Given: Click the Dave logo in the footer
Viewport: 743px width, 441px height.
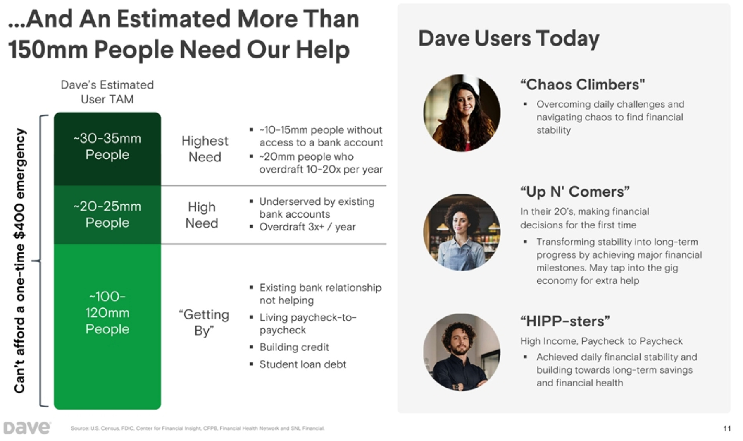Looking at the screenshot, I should click(x=27, y=428).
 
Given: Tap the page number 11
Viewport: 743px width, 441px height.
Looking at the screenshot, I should click(x=727, y=429).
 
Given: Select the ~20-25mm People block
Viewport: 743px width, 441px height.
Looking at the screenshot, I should click(x=107, y=214).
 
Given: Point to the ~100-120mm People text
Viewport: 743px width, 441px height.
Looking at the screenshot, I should click(x=107, y=312).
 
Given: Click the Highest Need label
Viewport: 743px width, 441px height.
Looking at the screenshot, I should click(x=205, y=149).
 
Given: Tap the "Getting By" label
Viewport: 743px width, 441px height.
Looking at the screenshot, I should click(x=204, y=322).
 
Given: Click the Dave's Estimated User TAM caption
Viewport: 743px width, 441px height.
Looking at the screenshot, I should click(x=107, y=92).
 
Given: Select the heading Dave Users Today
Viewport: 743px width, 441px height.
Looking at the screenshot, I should click(x=509, y=38).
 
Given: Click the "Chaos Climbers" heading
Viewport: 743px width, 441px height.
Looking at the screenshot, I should click(x=582, y=84).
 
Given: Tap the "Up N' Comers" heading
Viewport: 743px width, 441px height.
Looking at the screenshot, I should click(x=574, y=192).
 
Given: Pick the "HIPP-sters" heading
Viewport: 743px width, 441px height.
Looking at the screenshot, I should click(x=564, y=321).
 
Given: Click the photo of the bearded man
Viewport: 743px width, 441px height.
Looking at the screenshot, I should click(x=462, y=352).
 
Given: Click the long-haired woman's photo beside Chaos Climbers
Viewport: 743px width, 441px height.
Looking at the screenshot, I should click(x=462, y=113).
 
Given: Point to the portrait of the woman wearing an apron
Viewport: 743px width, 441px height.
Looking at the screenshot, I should click(x=462, y=232).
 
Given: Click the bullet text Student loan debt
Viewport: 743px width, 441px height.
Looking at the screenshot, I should click(x=302, y=364).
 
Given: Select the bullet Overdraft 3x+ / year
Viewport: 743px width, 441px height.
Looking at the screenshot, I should click(x=307, y=227).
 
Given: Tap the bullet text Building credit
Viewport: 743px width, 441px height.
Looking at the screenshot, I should click(x=294, y=347).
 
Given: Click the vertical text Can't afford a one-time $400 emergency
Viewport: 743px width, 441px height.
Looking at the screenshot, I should click(x=19, y=261).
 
